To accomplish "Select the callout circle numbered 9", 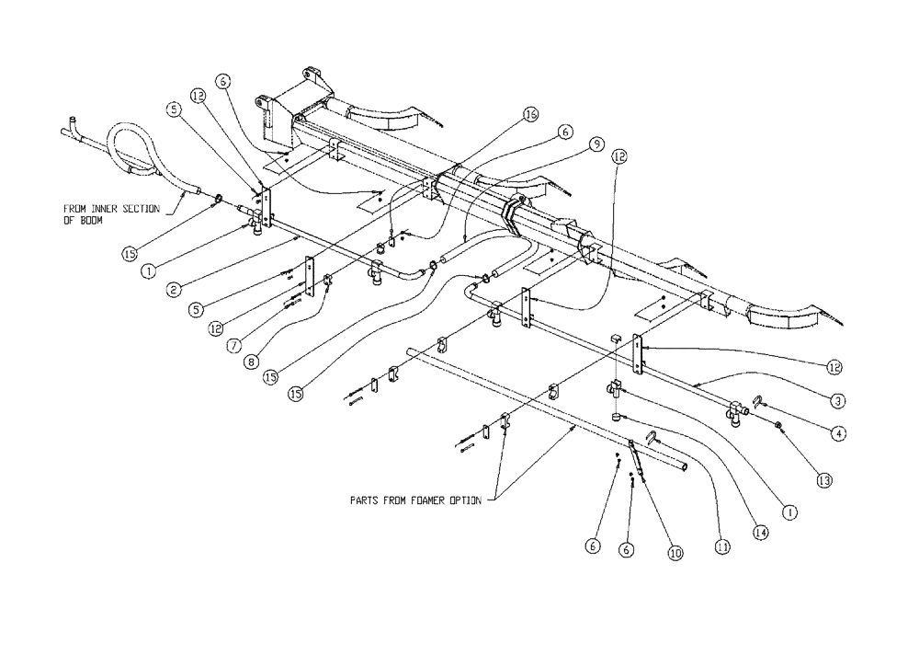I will tap(596, 144).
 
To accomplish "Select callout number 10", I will tap(675, 554).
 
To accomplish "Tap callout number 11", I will tap(723, 546).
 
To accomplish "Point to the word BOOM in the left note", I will tap(89, 222).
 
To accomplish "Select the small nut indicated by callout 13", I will tap(778, 425).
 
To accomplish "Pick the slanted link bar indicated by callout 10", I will tap(637, 460).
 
